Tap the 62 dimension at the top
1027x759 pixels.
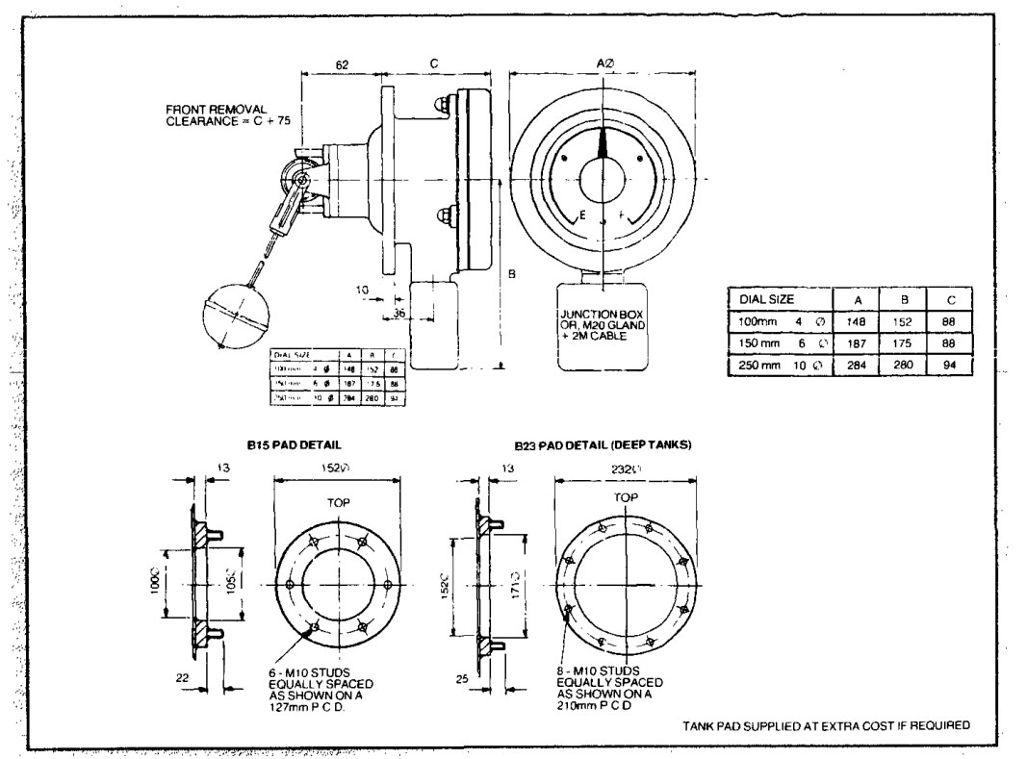[x=342, y=63]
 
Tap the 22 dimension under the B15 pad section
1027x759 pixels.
[x=182, y=677]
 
